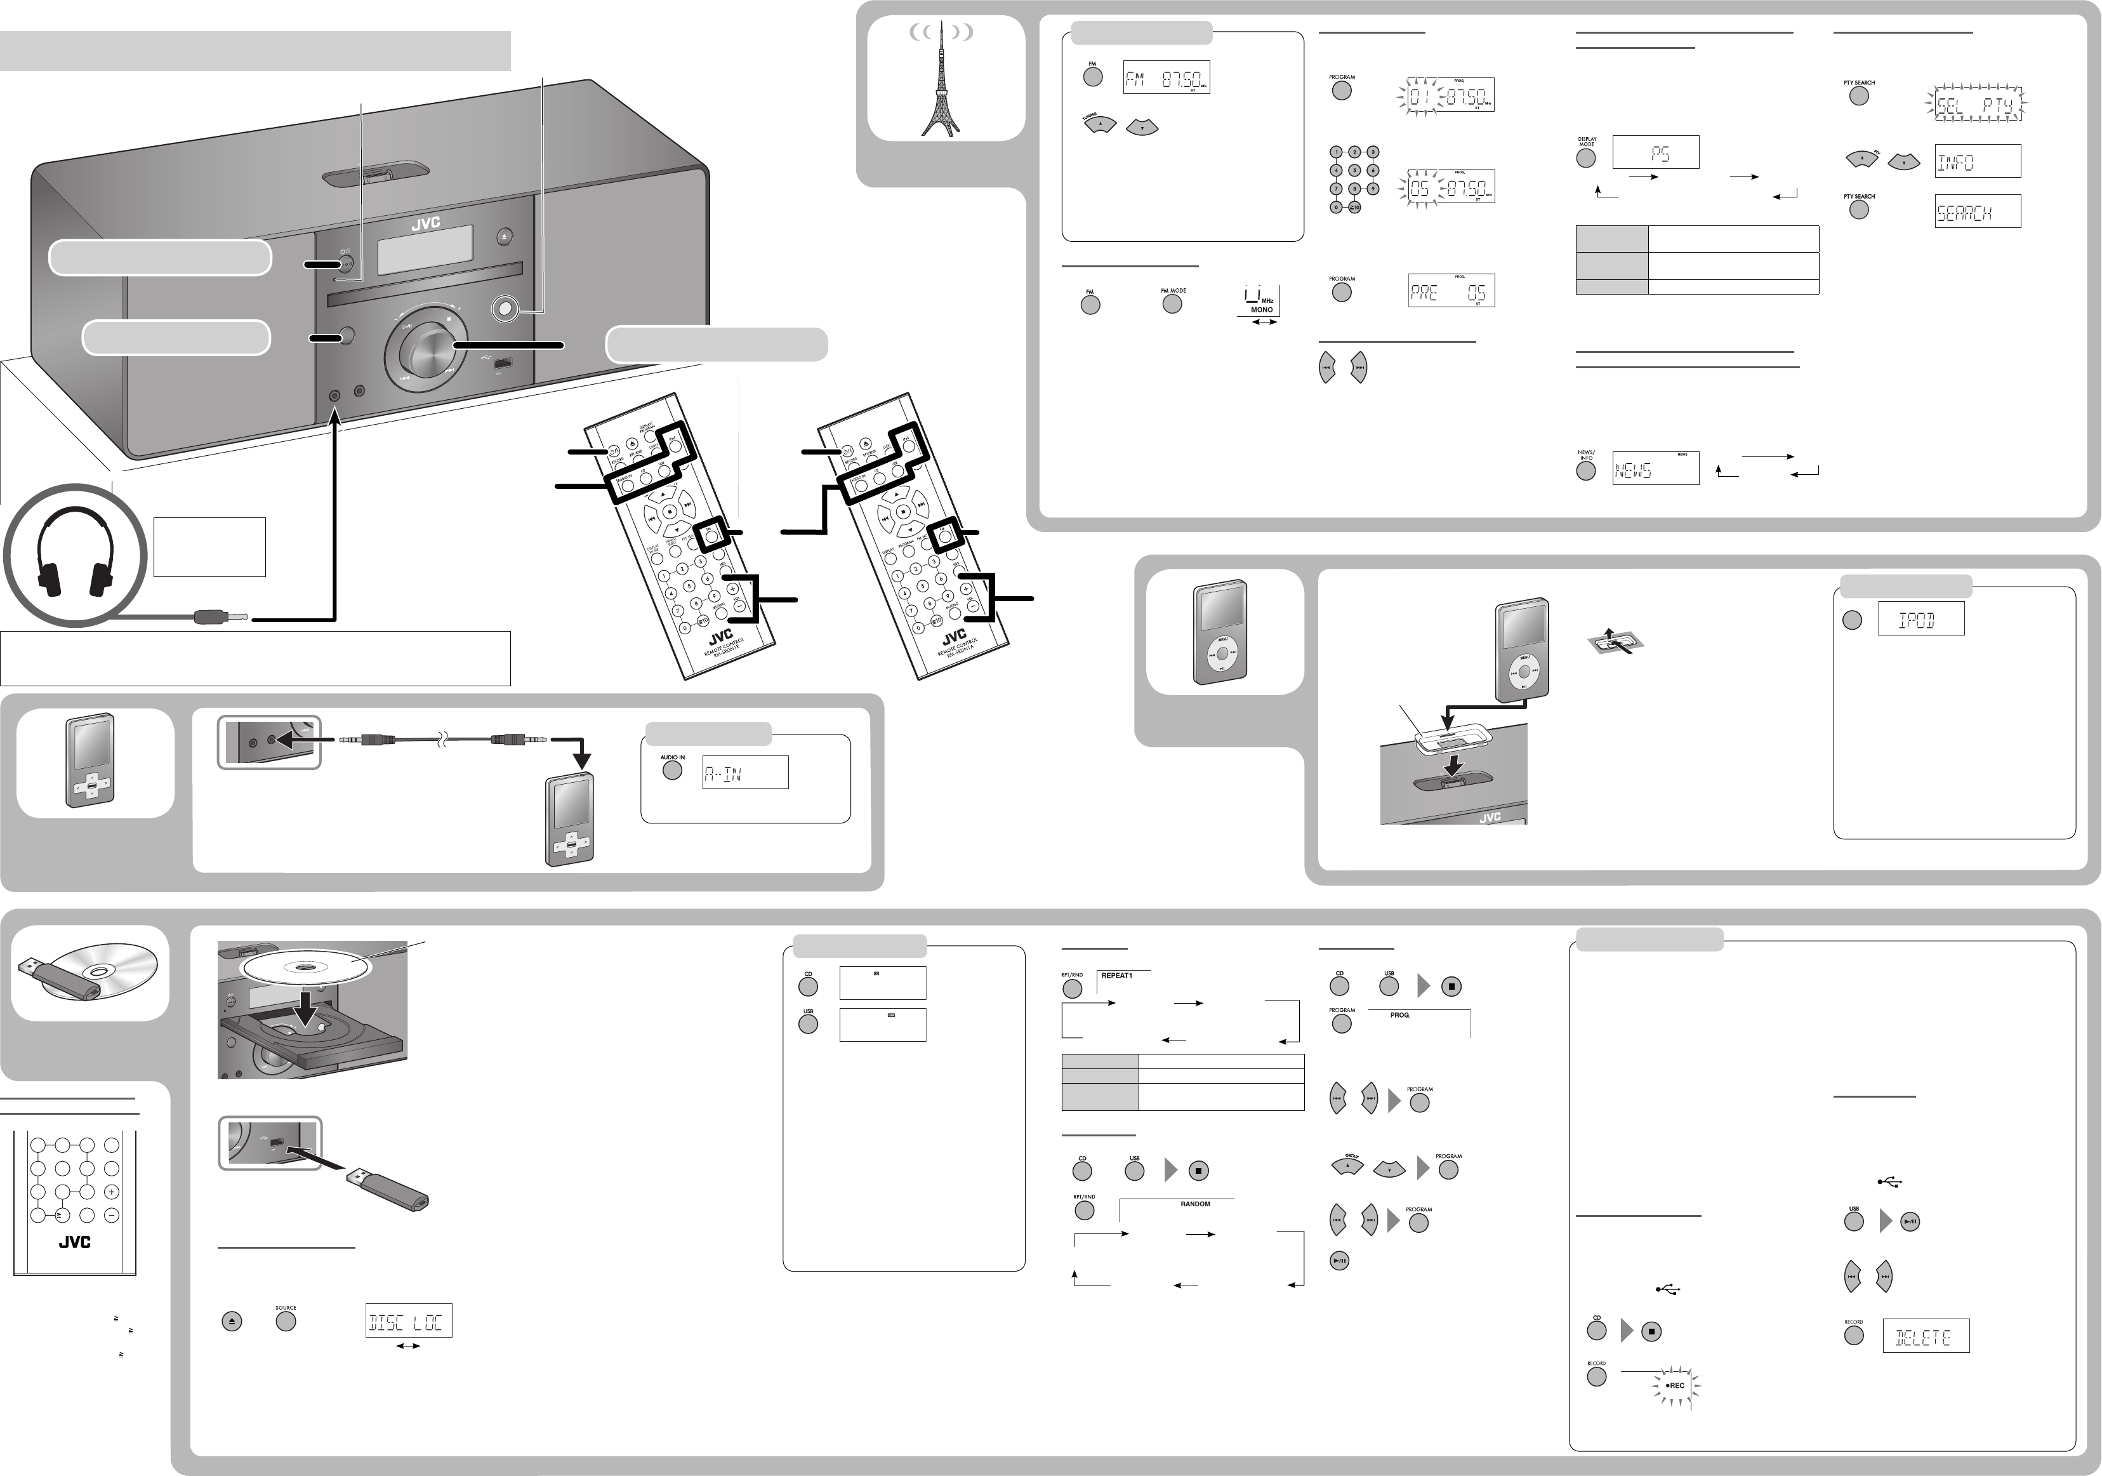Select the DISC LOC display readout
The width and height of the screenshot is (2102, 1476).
point(408,1321)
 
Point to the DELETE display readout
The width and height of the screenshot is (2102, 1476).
point(1924,1337)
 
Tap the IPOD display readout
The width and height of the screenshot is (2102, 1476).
point(1920,620)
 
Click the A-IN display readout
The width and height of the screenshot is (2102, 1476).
point(744,773)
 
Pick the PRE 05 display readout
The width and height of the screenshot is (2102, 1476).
point(1450,292)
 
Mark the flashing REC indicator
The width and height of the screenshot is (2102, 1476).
point(1674,1385)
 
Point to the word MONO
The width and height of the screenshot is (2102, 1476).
point(1262,310)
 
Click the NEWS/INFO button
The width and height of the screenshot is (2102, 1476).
point(1585,470)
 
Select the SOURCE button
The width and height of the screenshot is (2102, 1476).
point(286,1321)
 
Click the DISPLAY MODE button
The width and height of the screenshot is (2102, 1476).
point(1585,157)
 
